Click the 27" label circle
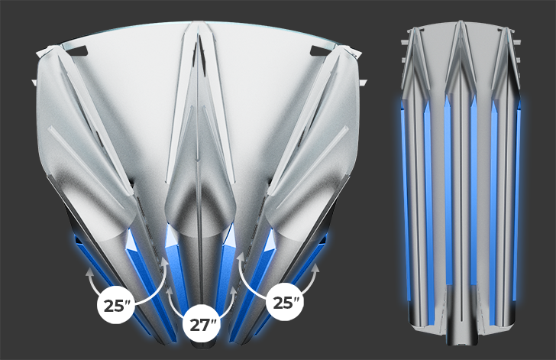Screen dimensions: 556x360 point(200,325)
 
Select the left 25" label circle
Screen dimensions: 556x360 point(115,305)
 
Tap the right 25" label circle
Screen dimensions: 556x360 point(284,302)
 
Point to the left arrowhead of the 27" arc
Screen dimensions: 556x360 point(170,290)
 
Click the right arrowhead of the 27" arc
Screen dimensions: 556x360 point(233,290)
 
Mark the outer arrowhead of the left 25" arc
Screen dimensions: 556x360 point(89,272)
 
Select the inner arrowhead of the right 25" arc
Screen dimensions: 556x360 point(241,256)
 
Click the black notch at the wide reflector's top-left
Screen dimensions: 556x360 point(76,50)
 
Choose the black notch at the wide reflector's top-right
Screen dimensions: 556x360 point(321,50)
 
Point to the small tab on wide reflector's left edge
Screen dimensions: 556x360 point(34,83)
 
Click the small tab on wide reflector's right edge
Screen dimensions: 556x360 point(363,83)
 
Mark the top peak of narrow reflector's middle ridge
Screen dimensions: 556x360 point(461,22)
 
